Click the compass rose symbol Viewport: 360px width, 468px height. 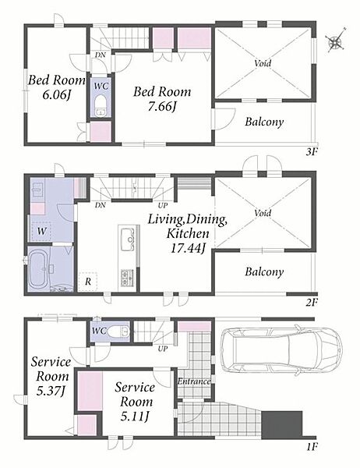click(336, 41)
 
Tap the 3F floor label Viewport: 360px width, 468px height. click(312, 152)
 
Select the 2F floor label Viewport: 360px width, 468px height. click(312, 303)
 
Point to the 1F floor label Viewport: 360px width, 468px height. click(312, 446)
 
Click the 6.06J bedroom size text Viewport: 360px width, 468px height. click(57, 95)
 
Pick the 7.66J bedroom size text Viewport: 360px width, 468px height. click(161, 106)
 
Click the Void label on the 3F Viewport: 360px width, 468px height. click(263, 63)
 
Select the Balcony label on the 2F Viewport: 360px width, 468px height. click(264, 271)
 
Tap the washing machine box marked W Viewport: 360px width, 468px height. click(41, 232)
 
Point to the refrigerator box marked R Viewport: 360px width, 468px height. click(88, 282)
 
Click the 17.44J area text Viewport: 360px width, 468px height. click(188, 247)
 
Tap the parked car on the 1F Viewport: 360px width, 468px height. click(281, 350)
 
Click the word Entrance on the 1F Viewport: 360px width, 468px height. click(194, 381)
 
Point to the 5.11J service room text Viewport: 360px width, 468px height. click(135, 416)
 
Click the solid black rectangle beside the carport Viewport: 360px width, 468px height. click(282, 425)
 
